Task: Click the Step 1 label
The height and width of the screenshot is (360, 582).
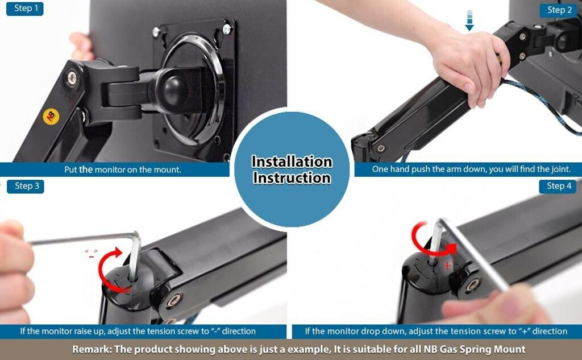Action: [x=25, y=9]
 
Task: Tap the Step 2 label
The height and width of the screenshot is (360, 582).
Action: [x=559, y=10]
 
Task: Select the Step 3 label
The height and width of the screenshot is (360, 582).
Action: [x=25, y=186]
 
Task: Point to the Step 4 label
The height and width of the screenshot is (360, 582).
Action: [x=558, y=186]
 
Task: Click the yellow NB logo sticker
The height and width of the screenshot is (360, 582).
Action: [x=51, y=116]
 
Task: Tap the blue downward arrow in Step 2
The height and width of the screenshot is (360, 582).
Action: [x=469, y=20]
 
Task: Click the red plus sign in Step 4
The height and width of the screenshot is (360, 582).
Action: [x=447, y=265]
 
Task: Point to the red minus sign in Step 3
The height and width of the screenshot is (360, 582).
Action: [x=92, y=256]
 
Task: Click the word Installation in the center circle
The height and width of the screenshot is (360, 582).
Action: [x=292, y=162]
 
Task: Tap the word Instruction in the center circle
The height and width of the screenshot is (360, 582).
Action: [x=292, y=178]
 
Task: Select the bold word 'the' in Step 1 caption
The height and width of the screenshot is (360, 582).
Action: [x=86, y=169]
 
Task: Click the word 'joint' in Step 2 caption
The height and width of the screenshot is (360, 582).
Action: [x=560, y=169]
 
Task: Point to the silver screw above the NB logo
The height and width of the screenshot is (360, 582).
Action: [x=72, y=78]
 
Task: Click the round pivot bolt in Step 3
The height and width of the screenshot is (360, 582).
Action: [x=174, y=300]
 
